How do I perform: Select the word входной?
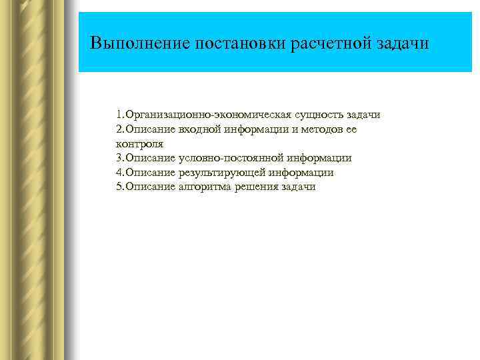pyautogui.click(x=199, y=129)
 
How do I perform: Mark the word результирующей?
pyautogui.click(x=220, y=173)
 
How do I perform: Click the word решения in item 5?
pyautogui.click(x=257, y=187)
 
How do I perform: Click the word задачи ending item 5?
pyautogui.click(x=299, y=187)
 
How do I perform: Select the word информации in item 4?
pyautogui.click(x=299, y=173)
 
